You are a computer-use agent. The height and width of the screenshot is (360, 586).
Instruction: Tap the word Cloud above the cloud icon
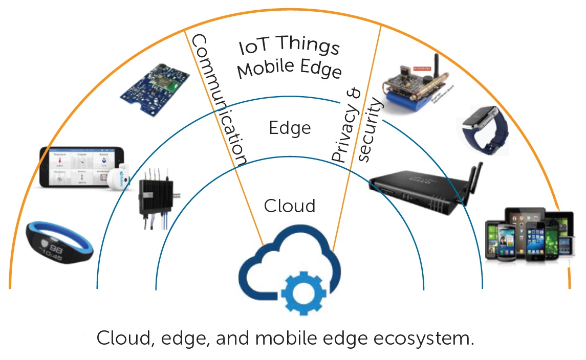pos(290,206)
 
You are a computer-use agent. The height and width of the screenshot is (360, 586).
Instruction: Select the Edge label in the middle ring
pos(290,128)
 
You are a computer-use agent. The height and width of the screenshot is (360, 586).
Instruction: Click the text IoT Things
pos(290,48)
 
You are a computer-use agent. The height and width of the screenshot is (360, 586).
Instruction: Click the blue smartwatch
pos(484,128)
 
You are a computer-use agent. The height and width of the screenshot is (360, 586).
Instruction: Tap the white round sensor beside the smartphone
pos(118,179)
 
